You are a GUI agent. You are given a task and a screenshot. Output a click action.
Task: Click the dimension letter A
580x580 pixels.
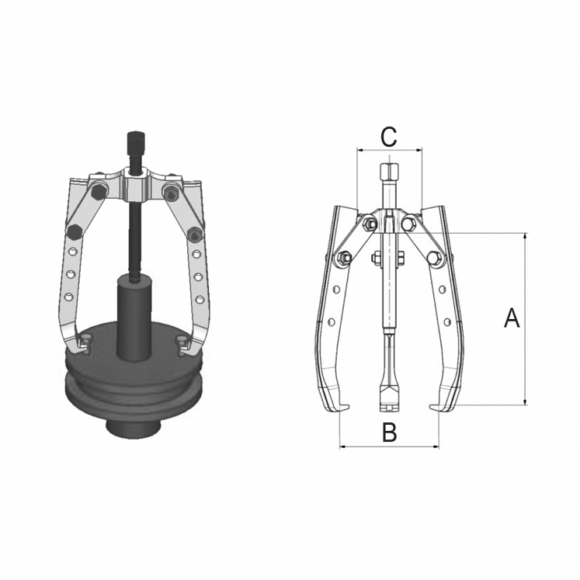(512, 318)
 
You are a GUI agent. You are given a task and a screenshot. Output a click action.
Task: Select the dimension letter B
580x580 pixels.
(389, 432)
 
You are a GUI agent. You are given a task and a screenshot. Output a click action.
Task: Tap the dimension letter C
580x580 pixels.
(388, 137)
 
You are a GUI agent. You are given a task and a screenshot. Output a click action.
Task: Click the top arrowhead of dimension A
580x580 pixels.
(526, 236)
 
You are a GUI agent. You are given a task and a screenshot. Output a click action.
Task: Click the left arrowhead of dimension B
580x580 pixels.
(343, 446)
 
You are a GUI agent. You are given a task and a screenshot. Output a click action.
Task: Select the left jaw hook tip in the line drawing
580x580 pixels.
(346, 409)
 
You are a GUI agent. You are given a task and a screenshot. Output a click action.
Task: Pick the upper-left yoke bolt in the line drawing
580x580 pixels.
(369, 224)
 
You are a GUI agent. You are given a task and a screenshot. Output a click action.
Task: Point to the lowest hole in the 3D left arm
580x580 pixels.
(68, 296)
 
